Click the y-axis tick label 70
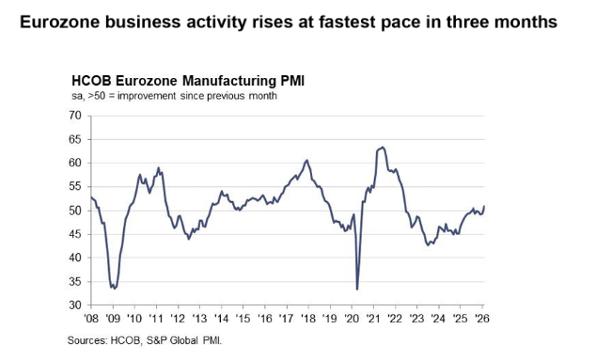click(75, 116)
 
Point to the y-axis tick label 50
click(75, 211)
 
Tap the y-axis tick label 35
click(75, 282)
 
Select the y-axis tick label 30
click(75, 305)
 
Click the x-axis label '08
click(91, 318)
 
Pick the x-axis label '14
click(221, 318)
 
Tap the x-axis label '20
click(352, 318)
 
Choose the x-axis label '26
click(481, 318)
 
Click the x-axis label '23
click(416, 318)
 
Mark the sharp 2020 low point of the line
click(357, 290)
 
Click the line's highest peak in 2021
click(383, 148)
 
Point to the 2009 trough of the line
click(115, 289)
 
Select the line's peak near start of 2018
click(306, 160)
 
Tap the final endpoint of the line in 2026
click(484, 206)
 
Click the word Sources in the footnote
click(87, 340)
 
